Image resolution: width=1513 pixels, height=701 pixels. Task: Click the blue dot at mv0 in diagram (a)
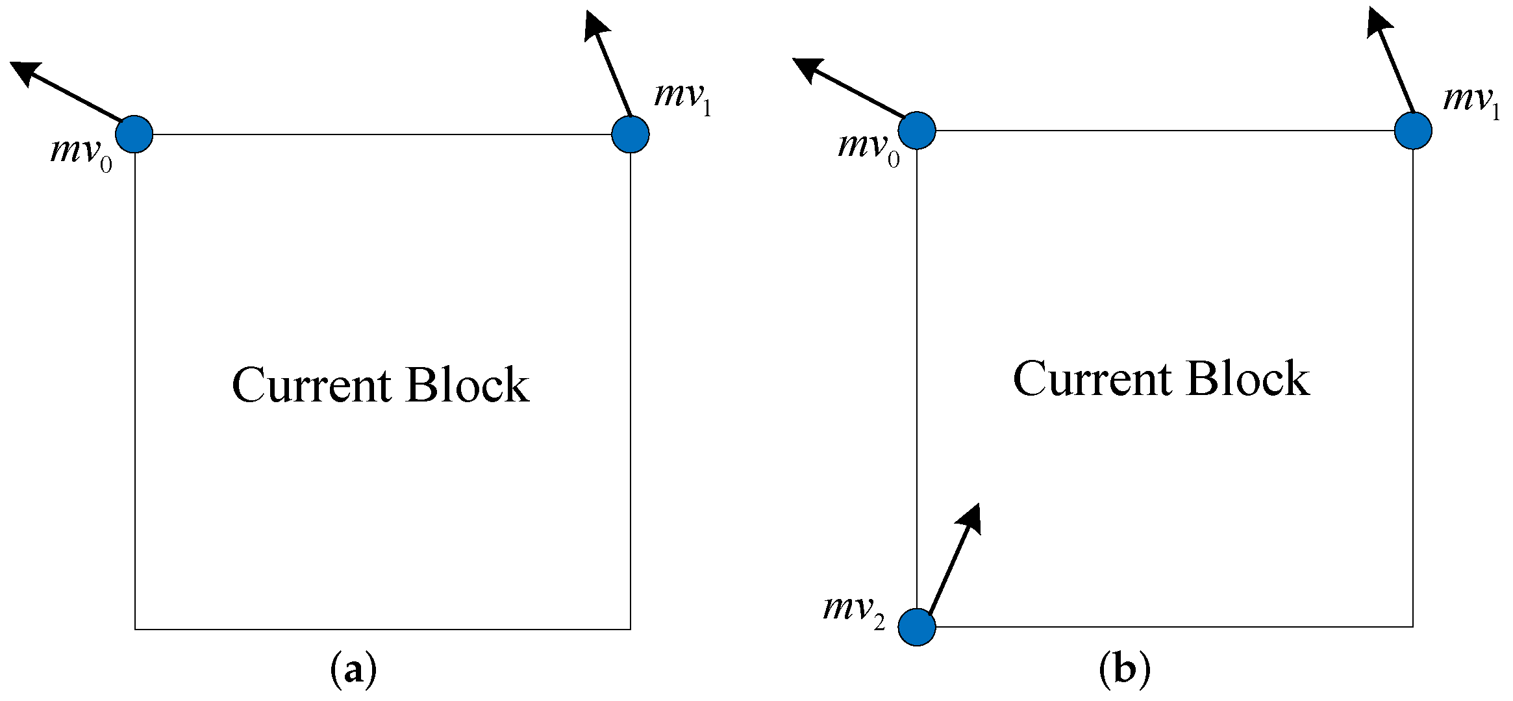(134, 134)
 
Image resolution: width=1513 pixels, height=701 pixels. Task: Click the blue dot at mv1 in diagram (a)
(630, 134)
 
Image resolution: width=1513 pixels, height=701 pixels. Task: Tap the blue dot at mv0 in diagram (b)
(917, 131)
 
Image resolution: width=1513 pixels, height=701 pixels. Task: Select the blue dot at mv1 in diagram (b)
(1413, 131)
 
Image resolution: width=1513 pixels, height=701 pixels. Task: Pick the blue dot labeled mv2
(917, 627)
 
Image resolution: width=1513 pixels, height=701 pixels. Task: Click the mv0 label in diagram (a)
(81, 153)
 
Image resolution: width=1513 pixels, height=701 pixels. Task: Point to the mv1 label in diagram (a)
(682, 97)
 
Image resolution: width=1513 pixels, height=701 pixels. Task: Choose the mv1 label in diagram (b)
(1471, 101)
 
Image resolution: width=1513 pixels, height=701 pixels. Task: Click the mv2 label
(853, 611)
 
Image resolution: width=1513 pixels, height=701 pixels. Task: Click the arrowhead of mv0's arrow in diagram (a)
(25, 72)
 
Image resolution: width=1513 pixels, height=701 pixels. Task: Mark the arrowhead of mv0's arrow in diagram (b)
(807, 68)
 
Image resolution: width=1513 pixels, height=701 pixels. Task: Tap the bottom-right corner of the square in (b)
(1413, 627)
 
